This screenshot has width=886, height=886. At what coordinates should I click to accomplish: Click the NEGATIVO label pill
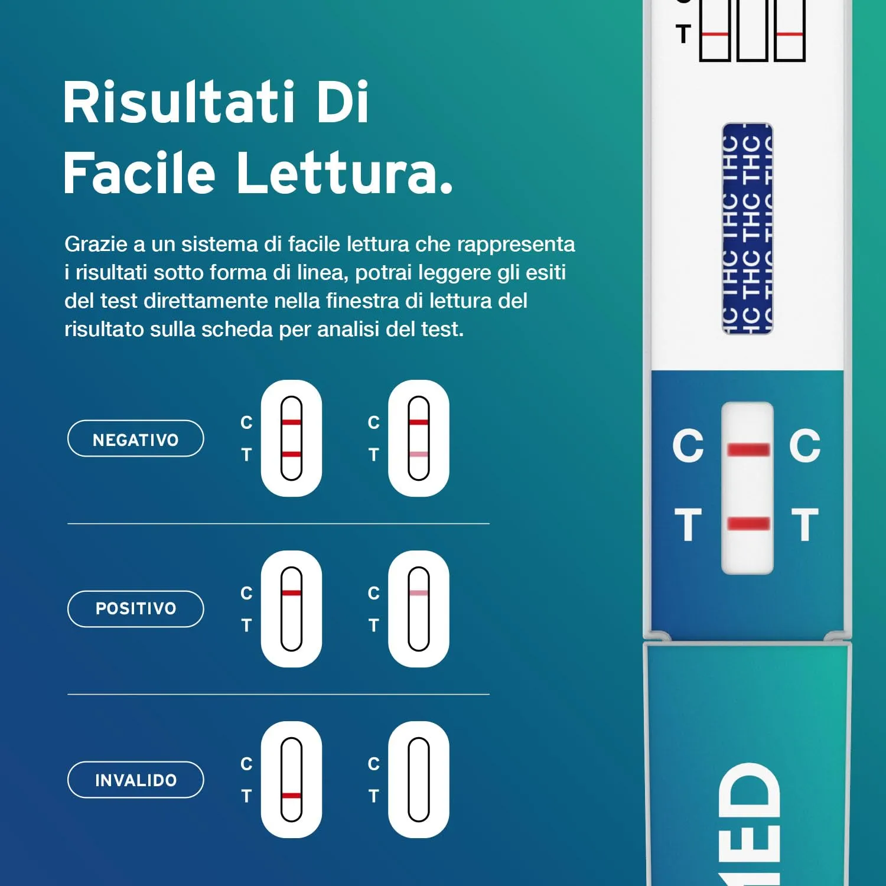[135, 439]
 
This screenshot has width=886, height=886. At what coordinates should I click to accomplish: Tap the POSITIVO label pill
[135, 608]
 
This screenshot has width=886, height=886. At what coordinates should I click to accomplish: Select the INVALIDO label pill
[135, 780]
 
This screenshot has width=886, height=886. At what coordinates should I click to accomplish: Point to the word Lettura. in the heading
[345, 172]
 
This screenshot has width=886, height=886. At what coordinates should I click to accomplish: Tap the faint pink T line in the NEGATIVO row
[418, 454]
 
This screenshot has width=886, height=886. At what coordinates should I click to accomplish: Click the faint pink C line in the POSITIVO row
[418, 593]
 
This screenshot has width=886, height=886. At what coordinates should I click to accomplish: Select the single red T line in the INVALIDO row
[291, 796]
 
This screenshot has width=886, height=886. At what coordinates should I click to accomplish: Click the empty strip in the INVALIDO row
[418, 780]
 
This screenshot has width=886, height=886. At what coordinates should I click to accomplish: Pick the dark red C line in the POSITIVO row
[291, 593]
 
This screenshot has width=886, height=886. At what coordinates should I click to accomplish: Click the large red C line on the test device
[748, 450]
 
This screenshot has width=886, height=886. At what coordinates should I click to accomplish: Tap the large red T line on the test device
[748, 523]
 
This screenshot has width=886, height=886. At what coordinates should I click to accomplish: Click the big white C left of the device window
[688, 446]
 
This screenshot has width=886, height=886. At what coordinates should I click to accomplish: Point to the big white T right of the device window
[805, 525]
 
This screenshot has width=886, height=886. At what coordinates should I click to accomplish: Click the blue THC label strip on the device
[747, 229]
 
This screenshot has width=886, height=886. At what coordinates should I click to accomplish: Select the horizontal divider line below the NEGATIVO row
[278, 523]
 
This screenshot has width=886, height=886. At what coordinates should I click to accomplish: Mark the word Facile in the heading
[139, 172]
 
